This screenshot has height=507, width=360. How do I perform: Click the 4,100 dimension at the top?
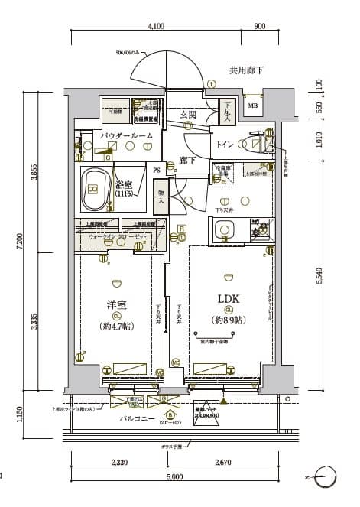[x=156, y=26]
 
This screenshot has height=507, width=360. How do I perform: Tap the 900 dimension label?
[x=259, y=26]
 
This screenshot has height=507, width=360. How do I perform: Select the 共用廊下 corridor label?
[x=246, y=70]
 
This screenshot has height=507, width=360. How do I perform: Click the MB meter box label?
[x=252, y=106]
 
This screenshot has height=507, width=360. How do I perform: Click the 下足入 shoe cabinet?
[x=227, y=113]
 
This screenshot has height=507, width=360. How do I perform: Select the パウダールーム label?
[x=127, y=135]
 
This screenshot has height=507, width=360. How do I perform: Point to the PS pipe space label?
[x=157, y=170]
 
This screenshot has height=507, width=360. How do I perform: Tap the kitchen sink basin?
[x=225, y=230]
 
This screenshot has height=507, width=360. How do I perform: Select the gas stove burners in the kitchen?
[x=260, y=229]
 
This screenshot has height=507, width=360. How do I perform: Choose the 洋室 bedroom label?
[x=116, y=306]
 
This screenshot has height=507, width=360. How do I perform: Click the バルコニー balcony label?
[x=138, y=420]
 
